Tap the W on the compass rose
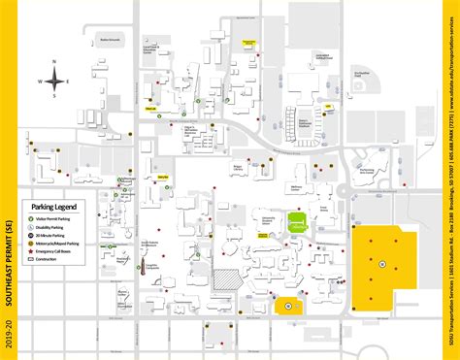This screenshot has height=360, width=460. click(x=40, y=82)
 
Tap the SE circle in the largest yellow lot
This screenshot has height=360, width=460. click(x=382, y=263)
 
